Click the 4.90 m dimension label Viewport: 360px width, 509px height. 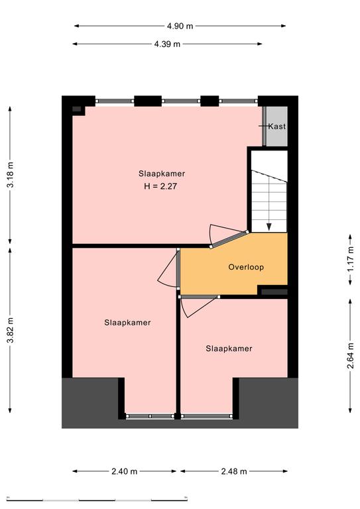(x=180, y=26)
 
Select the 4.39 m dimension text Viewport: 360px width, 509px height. (x=167, y=44)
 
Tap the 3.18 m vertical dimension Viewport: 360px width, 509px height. (x=11, y=174)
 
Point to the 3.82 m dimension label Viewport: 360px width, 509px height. (x=11, y=330)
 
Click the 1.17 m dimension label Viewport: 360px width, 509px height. (x=350, y=260)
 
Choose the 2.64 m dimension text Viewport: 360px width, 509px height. (x=350, y=356)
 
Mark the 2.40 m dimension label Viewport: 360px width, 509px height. (x=125, y=471)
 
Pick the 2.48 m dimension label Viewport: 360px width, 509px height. (x=234, y=471)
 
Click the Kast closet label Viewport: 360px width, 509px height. (x=277, y=127)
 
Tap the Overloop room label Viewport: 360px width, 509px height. (x=246, y=267)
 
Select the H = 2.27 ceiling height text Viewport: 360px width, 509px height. (x=160, y=186)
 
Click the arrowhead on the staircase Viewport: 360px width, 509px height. (x=269, y=227)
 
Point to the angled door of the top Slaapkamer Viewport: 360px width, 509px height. (x=229, y=239)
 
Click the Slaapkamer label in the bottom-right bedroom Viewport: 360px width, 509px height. (x=229, y=349)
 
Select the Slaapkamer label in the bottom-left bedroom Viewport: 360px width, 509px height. (x=127, y=323)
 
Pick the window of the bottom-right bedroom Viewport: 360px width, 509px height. (x=206, y=416)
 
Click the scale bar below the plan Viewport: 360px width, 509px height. (x=97, y=499)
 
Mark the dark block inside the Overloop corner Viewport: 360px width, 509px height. (x=274, y=292)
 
